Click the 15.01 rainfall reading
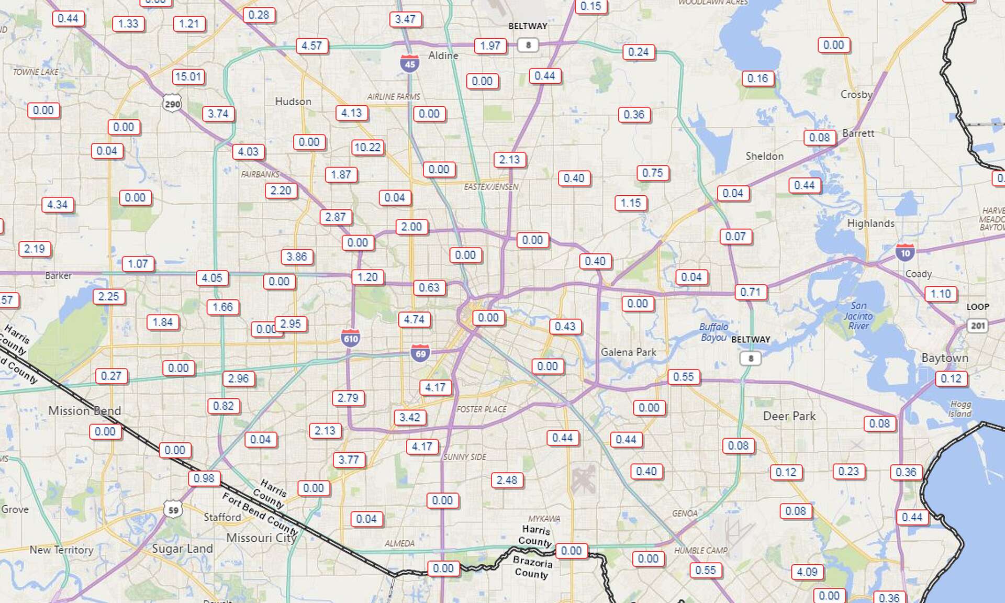point(188,77)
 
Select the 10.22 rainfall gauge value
point(367,148)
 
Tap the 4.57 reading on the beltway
point(312,46)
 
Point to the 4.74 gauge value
point(414,319)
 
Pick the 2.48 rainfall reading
point(507,480)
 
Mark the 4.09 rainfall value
point(807,572)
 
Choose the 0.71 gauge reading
point(751,292)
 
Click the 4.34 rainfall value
point(58,205)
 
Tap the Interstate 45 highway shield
point(410,64)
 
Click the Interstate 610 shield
point(350,338)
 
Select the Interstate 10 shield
point(905,252)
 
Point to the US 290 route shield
point(172,104)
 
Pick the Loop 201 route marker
point(977,326)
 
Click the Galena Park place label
point(628,352)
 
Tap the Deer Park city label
point(789,416)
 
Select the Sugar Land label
point(182,549)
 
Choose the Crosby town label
point(856,95)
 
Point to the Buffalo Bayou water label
point(714,332)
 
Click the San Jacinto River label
point(858,316)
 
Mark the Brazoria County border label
point(532,568)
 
